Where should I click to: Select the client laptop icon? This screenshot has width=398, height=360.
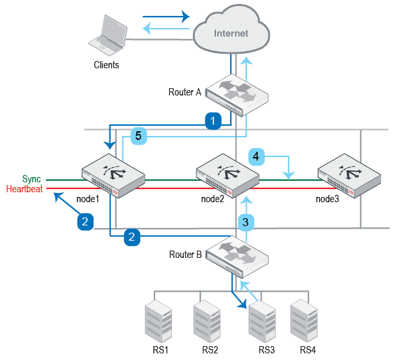109,37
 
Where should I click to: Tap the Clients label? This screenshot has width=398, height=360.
106,65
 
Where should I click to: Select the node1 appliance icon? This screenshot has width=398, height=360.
112,174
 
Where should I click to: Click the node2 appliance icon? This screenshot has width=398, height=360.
227,174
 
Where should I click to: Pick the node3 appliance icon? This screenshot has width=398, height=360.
349,174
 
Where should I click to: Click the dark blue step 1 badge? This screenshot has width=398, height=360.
212,121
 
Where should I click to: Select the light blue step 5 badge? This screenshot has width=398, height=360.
138,135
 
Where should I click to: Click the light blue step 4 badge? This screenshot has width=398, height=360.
257,156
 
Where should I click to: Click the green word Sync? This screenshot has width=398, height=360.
31,180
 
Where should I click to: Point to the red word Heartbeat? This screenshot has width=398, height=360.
24,189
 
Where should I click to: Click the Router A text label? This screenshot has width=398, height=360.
184,92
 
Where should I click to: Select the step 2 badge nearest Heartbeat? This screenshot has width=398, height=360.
85,221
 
